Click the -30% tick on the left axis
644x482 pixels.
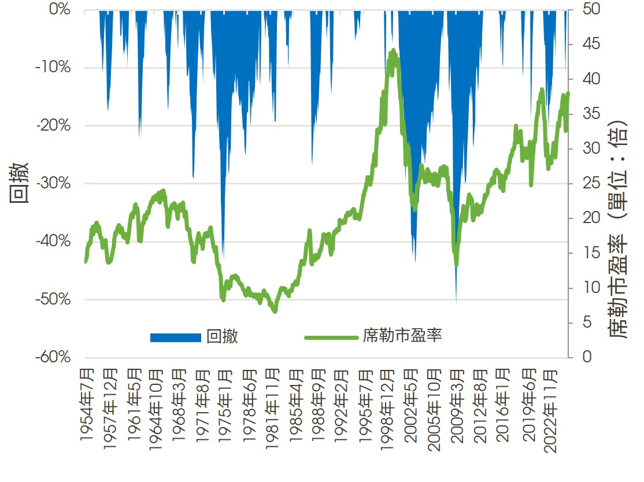click(53, 184)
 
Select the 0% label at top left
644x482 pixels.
click(58, 10)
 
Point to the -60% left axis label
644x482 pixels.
click(53, 357)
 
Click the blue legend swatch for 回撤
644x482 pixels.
click(176, 338)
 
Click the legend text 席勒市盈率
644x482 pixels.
click(402, 336)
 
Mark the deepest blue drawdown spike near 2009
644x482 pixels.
click(456, 301)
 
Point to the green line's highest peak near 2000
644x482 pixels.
click(393, 51)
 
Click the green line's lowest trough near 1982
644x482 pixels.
click(274, 312)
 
